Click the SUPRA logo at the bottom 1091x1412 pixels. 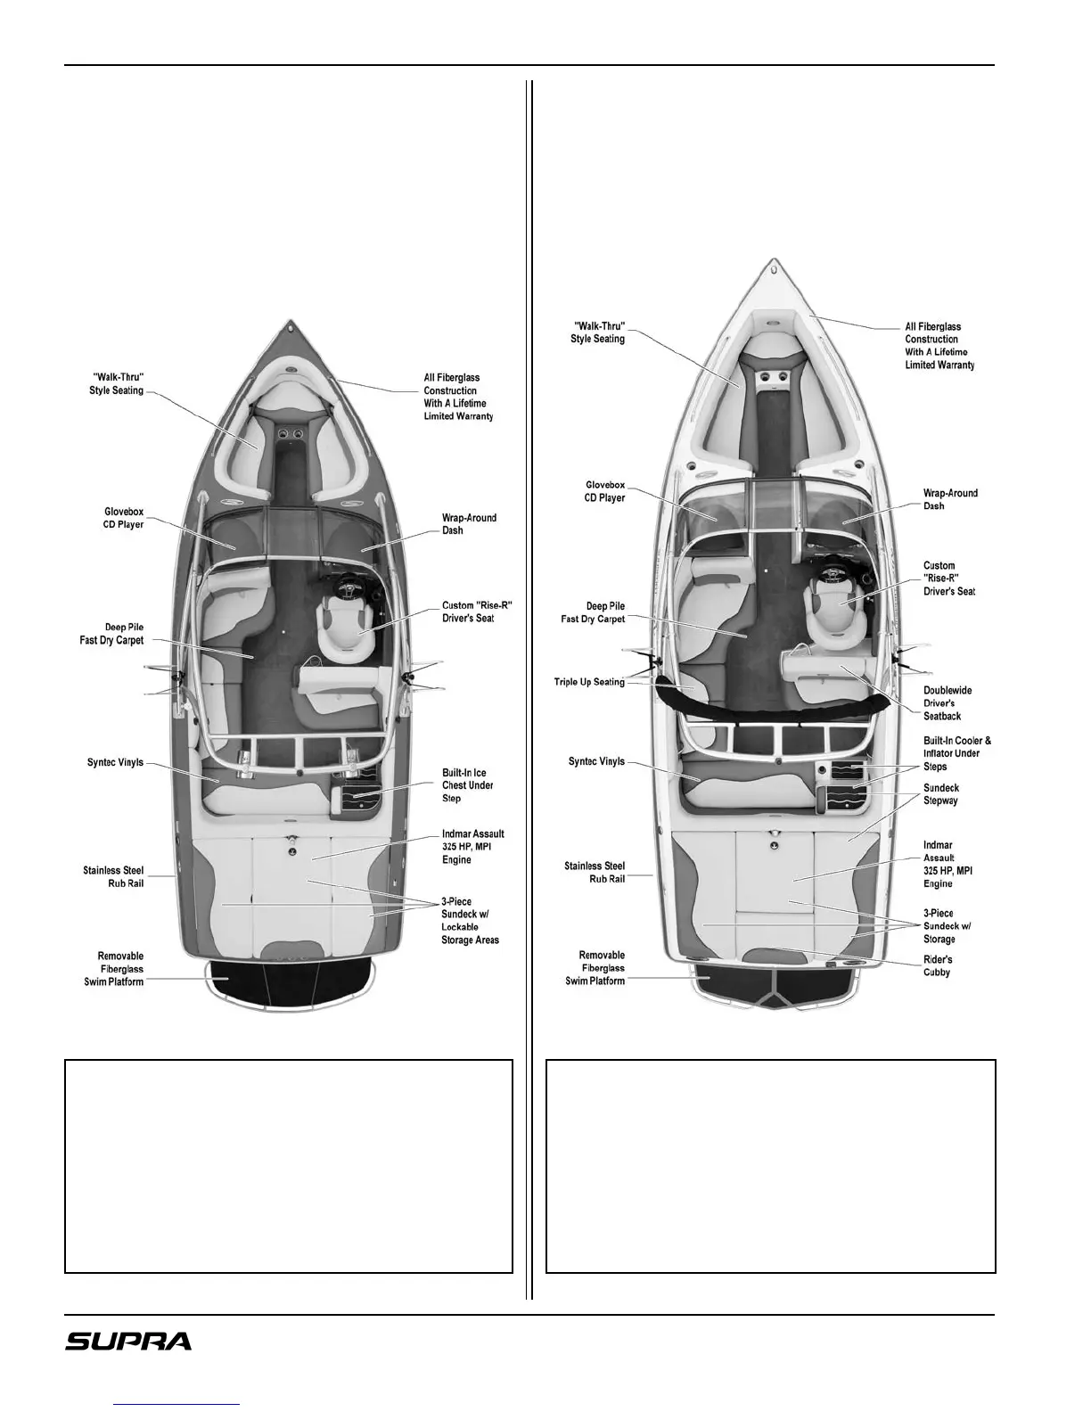[x=128, y=1341]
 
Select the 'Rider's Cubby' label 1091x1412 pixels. [x=937, y=965]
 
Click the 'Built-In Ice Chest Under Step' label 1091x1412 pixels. [x=467, y=785]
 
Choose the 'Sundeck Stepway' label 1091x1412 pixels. [x=941, y=794]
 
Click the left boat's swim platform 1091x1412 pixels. [x=288, y=983]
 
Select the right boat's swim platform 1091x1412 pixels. [x=774, y=988]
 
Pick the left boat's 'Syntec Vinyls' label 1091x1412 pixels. [x=115, y=763]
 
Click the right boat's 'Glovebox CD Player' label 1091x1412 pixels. [x=605, y=491]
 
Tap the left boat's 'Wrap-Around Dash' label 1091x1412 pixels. [x=469, y=524]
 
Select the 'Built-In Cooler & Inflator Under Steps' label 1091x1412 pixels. [x=956, y=753]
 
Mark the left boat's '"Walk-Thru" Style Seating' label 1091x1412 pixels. [x=116, y=384]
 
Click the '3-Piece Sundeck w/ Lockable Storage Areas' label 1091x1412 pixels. [x=470, y=921]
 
